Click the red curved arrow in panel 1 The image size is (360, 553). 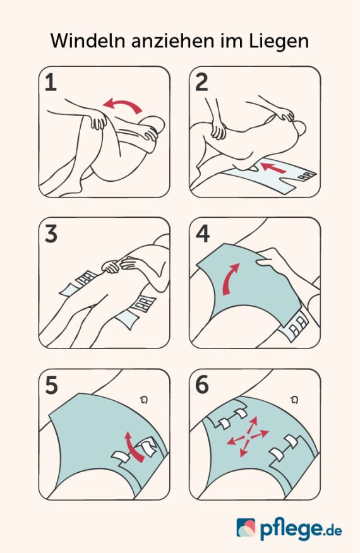coord(124,103)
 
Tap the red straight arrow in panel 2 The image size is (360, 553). coord(272,168)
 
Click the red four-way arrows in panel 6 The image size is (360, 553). coord(248,437)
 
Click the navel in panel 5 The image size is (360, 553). coord(143,400)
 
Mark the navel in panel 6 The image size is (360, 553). coord(294,400)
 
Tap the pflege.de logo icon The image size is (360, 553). coord(246,528)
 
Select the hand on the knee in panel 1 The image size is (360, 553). coord(97,119)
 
